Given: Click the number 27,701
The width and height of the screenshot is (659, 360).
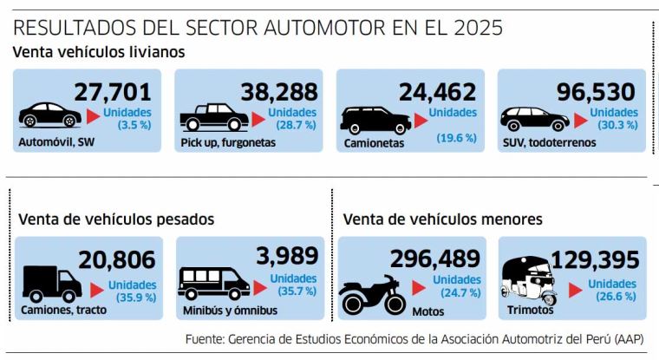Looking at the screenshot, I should [113, 92].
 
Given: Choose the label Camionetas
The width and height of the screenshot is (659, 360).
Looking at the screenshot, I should [374, 143].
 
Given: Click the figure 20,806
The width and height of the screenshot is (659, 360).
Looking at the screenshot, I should [116, 259].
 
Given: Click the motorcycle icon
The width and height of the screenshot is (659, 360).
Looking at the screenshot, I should [373, 294].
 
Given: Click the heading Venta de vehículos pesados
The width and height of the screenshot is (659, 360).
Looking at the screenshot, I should [115, 219].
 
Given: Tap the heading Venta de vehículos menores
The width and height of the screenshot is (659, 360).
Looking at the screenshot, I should [442, 219].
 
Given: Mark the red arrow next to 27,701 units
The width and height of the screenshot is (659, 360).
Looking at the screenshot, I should [91, 116].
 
